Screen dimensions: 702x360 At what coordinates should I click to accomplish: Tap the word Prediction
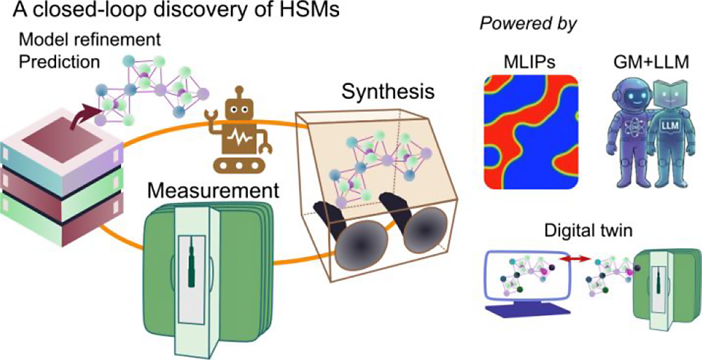[60, 62]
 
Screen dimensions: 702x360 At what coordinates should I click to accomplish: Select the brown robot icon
[235, 133]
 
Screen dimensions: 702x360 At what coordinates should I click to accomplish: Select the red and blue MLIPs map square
[530, 132]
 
